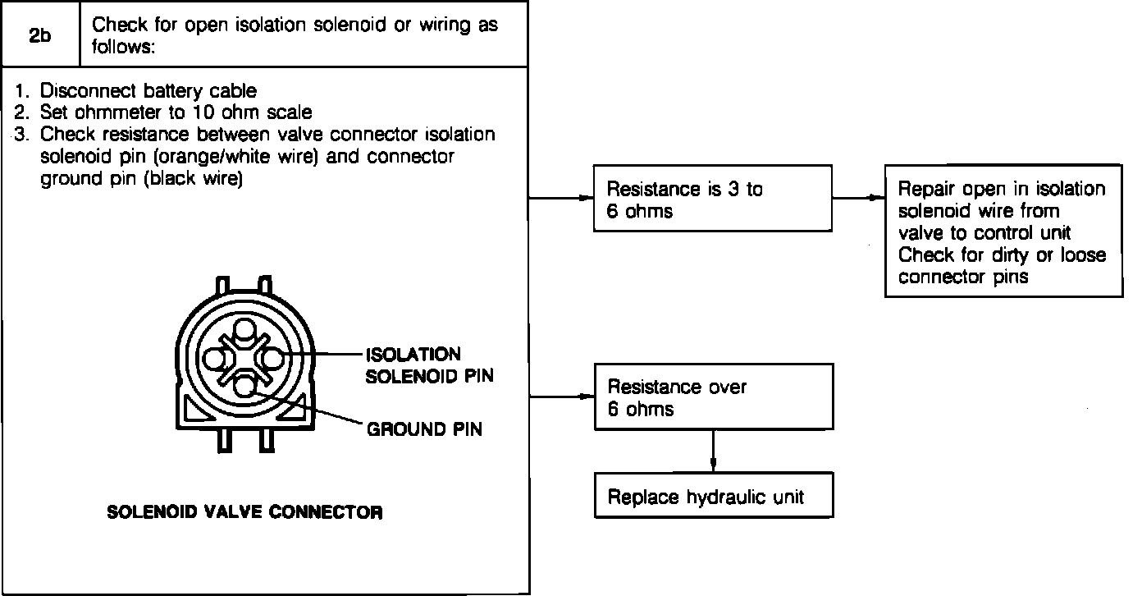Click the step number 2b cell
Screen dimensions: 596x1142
coord(40,35)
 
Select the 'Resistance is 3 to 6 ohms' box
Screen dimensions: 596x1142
coord(712,199)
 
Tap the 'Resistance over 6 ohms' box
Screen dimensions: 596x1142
coord(712,397)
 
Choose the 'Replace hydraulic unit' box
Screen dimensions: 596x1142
coord(712,496)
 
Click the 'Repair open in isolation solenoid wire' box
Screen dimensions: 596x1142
coord(1003,233)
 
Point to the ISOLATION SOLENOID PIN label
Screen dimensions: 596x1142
coord(413,365)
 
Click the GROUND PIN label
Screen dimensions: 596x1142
coord(424,429)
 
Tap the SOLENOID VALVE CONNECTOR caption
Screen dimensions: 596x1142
coord(244,513)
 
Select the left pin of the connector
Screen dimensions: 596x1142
coord(216,359)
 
